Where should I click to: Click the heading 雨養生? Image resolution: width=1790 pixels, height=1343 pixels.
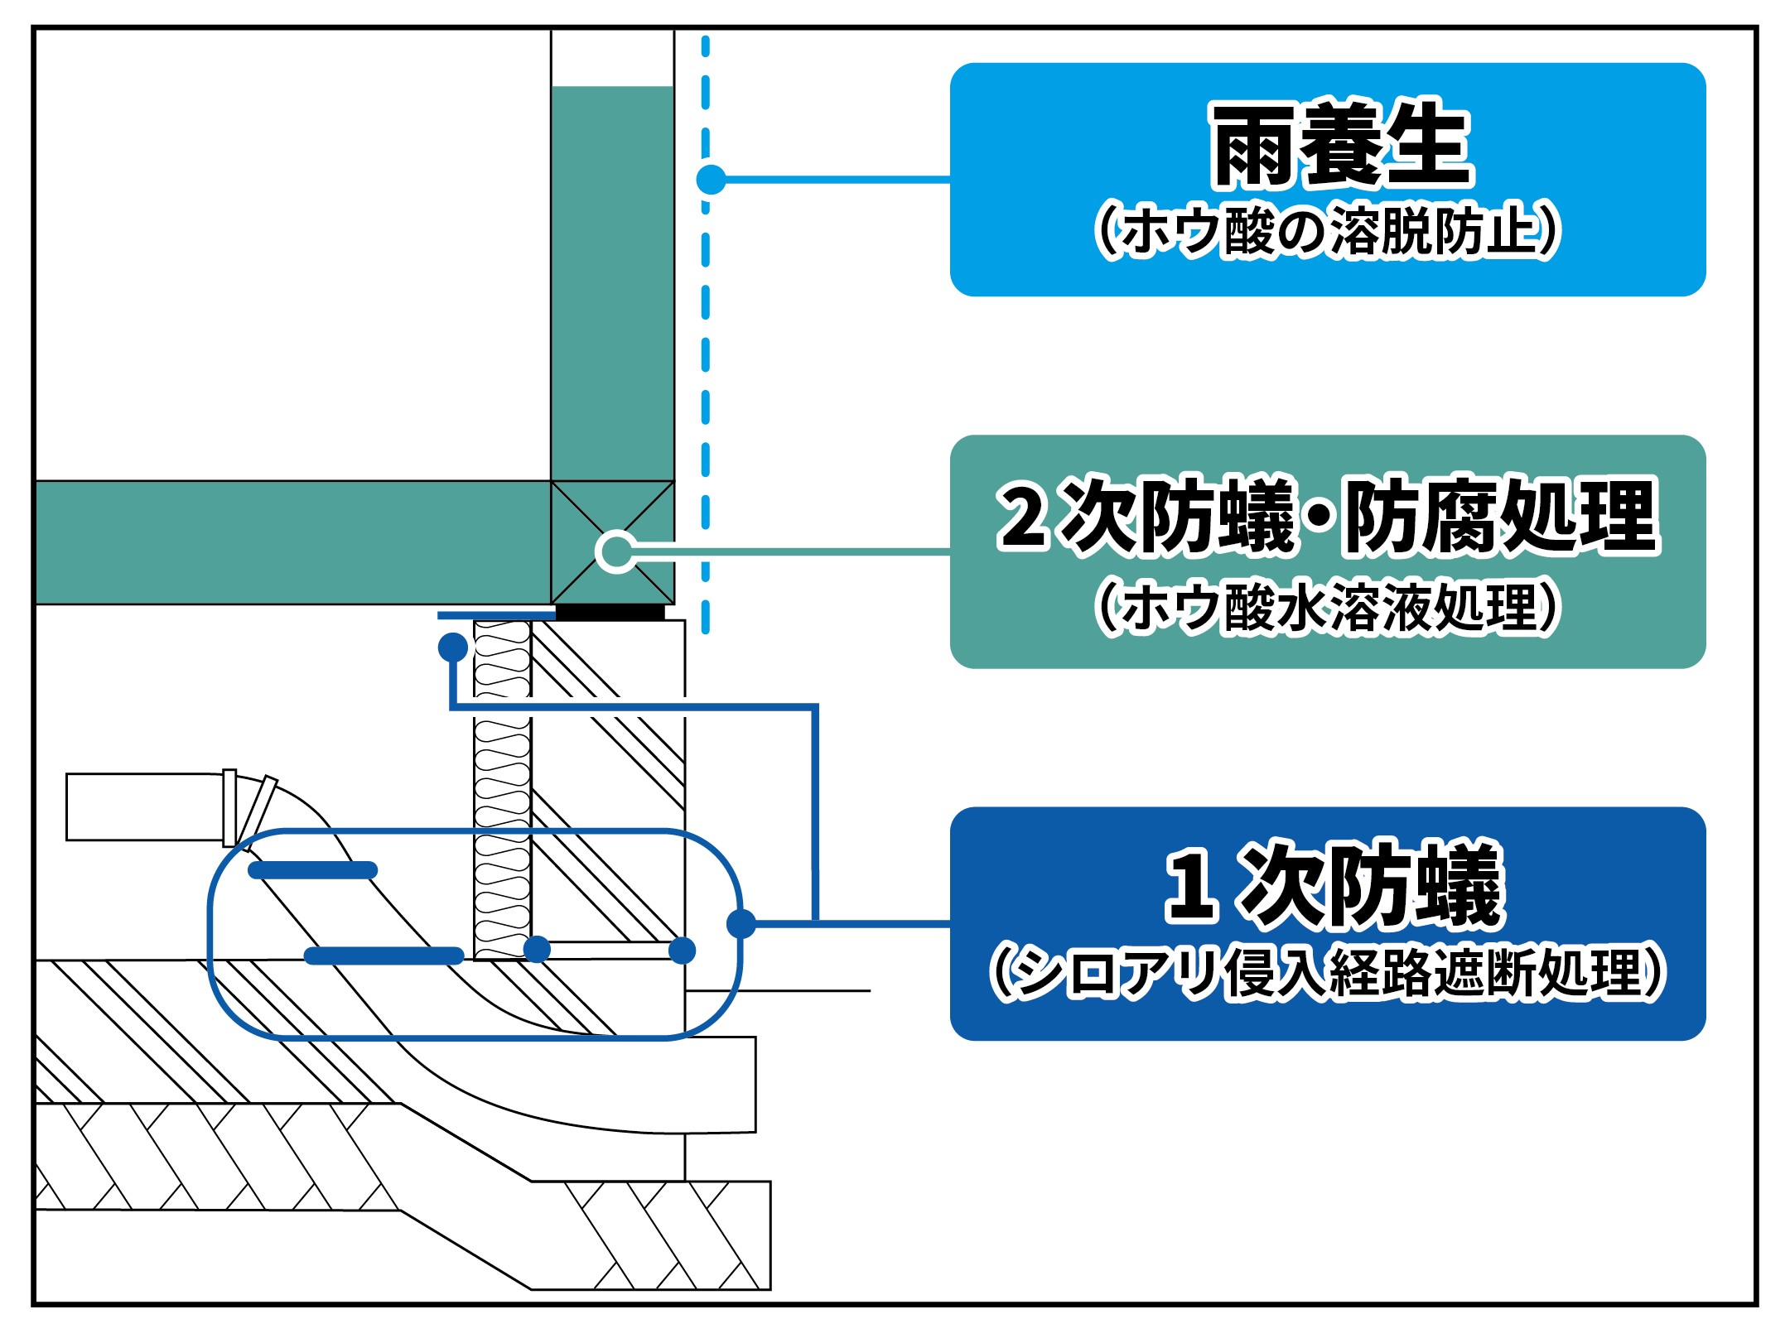click(x=1341, y=143)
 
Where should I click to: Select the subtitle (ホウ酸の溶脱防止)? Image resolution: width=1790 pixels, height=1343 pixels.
click(x=1328, y=231)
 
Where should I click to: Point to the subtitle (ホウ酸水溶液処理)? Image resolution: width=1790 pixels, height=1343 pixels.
click(x=1328, y=607)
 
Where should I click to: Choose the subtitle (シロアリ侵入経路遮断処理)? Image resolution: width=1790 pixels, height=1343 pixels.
click(x=1328, y=974)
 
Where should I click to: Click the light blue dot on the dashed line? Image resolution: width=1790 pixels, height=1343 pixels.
click(x=711, y=179)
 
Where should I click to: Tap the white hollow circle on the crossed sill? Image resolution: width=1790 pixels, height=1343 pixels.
click(x=616, y=551)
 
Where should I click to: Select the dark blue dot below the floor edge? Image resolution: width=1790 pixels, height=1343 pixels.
click(x=453, y=646)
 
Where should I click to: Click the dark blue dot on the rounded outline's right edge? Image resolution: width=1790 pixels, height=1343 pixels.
click(x=741, y=923)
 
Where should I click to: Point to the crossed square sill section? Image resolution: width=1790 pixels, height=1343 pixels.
click(x=612, y=542)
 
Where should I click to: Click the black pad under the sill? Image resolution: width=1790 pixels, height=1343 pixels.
click(x=610, y=613)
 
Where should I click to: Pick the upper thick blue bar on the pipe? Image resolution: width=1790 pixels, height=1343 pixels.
click(x=313, y=870)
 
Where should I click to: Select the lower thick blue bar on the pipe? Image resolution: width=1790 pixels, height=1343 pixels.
click(x=384, y=956)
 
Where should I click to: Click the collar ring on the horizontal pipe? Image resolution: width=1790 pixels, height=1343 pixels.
click(x=229, y=808)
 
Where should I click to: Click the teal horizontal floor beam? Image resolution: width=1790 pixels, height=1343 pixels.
click(x=293, y=542)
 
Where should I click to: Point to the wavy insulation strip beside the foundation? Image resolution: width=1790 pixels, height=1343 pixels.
click(x=502, y=790)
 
